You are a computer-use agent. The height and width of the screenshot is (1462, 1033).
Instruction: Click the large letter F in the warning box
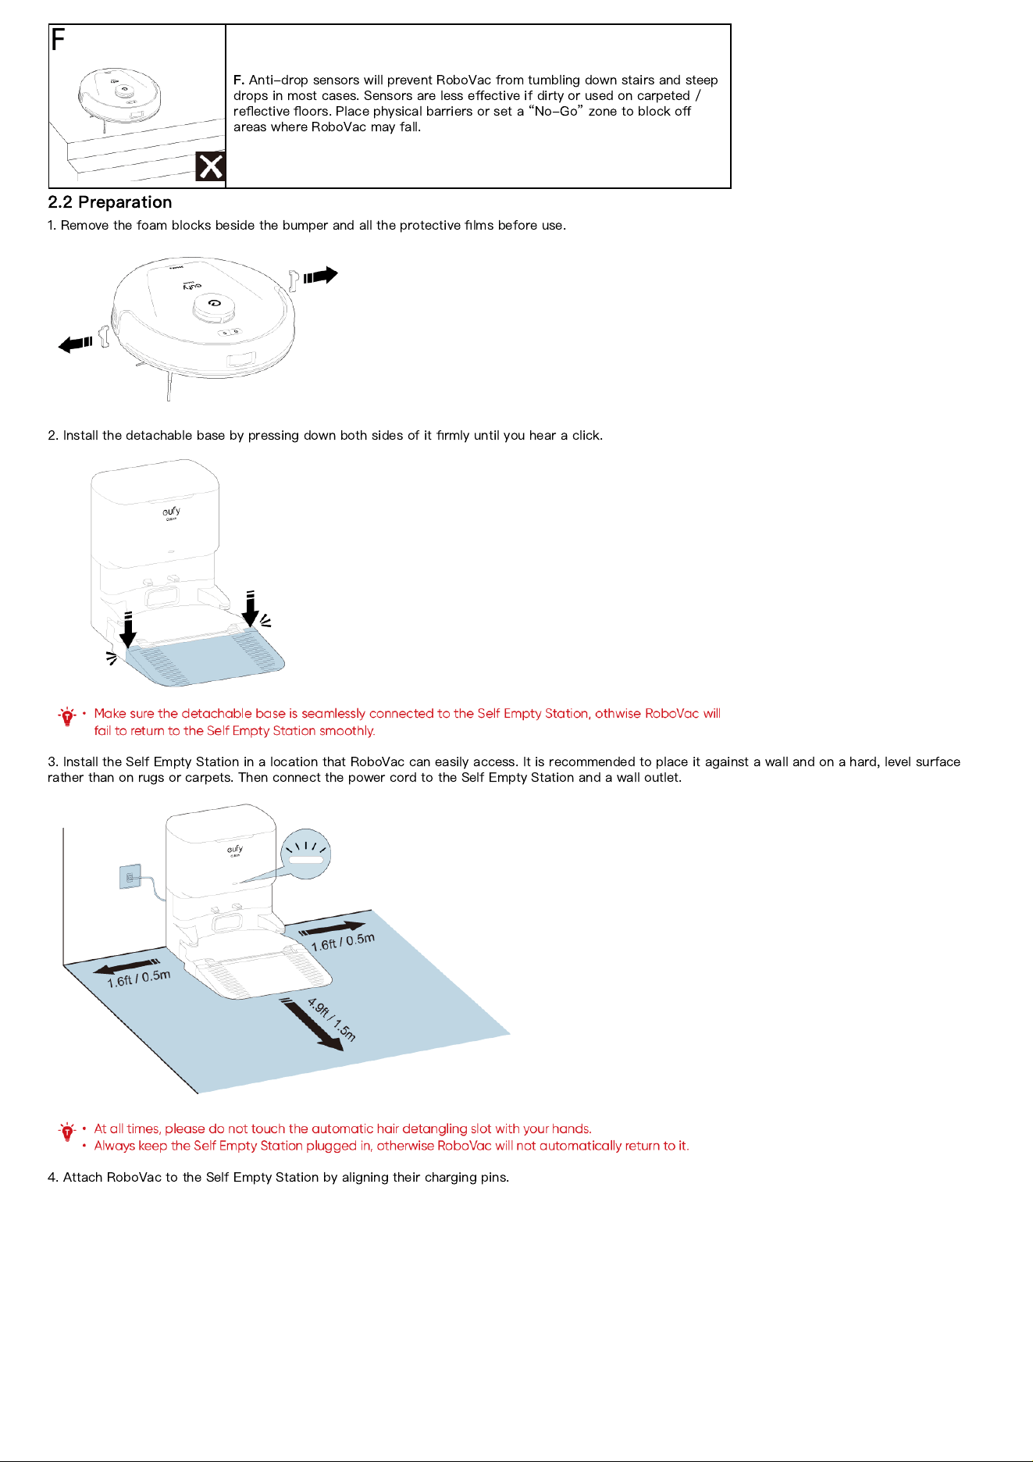pos(59,39)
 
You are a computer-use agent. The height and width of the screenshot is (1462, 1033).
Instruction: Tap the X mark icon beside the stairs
pos(210,166)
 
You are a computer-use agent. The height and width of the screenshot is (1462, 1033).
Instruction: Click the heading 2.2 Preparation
pos(110,202)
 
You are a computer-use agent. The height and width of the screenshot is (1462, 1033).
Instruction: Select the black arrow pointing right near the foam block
pos(321,276)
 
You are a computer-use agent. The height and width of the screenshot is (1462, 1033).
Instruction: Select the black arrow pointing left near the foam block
pos(76,344)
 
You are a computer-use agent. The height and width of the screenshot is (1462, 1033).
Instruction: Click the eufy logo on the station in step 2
pos(172,512)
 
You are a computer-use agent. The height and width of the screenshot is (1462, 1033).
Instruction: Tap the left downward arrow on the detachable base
pos(128,629)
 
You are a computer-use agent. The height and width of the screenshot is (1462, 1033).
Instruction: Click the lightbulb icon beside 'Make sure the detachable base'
pos(67,716)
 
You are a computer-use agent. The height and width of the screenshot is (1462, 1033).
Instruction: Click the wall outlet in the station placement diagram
pos(130,877)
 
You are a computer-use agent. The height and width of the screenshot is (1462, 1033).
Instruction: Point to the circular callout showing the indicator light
pos(307,854)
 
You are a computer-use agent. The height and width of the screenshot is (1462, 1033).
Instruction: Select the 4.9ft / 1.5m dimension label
pos(331,1020)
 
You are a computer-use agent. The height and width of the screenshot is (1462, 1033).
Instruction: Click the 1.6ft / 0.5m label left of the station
pos(138,978)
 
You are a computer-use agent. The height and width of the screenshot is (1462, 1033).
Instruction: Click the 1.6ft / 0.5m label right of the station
pos(343,942)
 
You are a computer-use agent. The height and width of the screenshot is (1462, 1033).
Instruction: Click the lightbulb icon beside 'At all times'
pos(67,1132)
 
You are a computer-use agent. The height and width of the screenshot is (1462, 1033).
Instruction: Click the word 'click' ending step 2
pos(587,436)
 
